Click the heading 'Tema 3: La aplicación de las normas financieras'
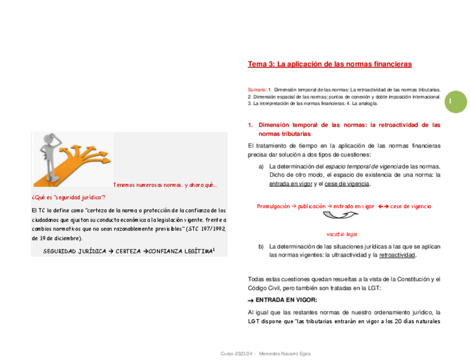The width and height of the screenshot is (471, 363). tap(329, 64)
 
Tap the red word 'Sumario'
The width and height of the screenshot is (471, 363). tap(257, 89)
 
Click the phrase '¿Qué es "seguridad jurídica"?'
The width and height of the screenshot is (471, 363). tap(68, 197)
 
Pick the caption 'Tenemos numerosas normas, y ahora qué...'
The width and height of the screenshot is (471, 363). tap(166, 185)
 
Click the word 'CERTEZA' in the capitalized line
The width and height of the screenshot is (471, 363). tap(132, 251)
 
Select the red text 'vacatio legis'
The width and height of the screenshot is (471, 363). tap(342, 234)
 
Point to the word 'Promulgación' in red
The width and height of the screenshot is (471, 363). tap(273, 206)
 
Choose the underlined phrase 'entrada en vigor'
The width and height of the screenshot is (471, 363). tap(290, 184)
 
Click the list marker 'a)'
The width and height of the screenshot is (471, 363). tap(261, 166)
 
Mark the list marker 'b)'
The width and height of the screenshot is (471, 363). tap(261, 246)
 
